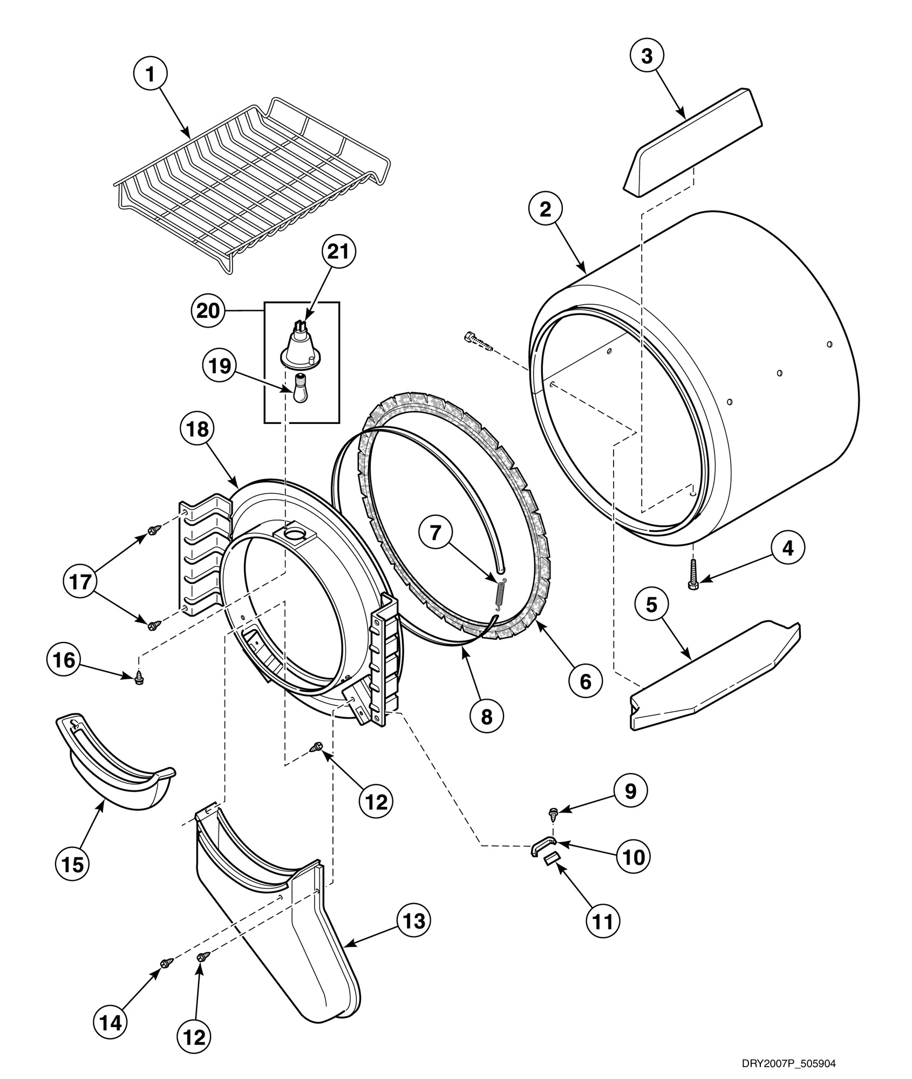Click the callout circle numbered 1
coord(151,75)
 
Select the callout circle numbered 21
coord(338,253)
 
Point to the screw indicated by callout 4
coord(692,573)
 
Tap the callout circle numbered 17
coord(80,582)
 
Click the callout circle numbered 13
coord(414,921)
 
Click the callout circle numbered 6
coord(585,681)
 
